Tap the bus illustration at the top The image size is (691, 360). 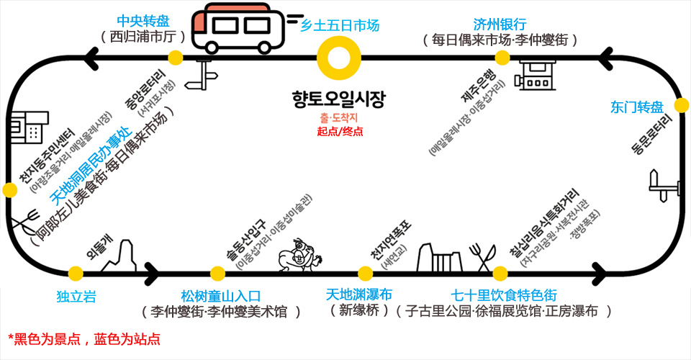point(238,29)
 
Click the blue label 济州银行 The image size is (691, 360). point(500,24)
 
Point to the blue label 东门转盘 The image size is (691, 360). point(636,107)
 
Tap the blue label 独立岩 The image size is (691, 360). point(76,296)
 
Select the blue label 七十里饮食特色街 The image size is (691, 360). point(503,295)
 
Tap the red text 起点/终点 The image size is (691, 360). point(340,131)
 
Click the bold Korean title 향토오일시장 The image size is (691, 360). point(339,97)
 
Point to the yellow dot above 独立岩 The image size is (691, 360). point(76,273)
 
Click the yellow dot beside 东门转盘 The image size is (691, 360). point(678,102)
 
